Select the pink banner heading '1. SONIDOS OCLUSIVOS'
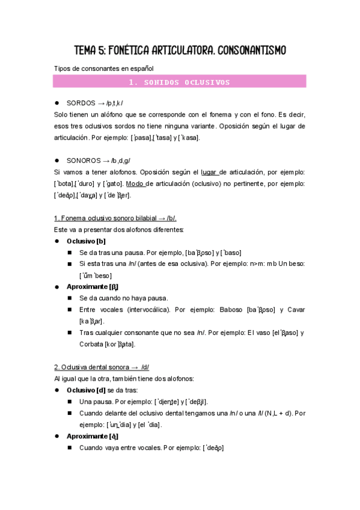pos(180,82)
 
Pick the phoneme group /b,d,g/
pos(120,161)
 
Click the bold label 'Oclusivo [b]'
pos(86,241)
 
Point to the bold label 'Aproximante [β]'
pos(92,287)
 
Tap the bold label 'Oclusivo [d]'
pos(86,390)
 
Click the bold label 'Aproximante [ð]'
pos(92,436)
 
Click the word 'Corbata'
pos(93,344)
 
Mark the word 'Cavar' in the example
pos(296,310)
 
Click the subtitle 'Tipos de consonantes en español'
pos(103,69)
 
